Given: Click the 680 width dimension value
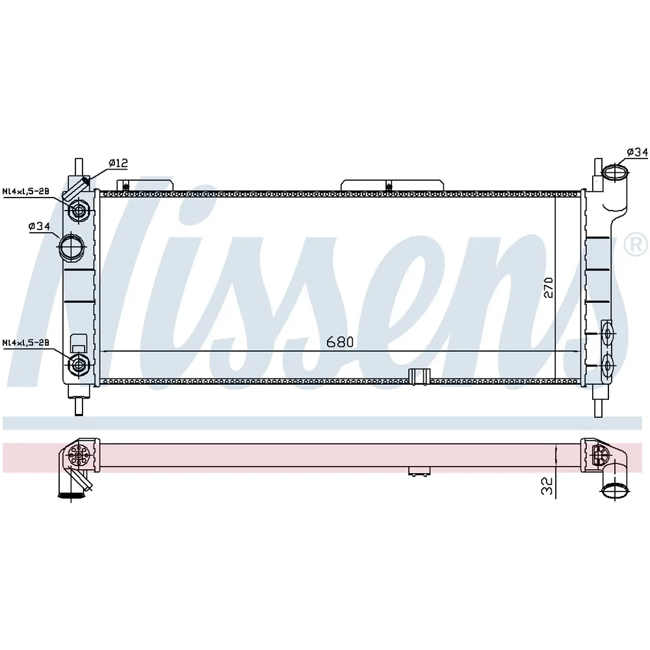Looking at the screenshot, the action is pyautogui.click(x=340, y=342).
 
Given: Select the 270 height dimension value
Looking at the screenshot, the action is pyautogui.click(x=549, y=287).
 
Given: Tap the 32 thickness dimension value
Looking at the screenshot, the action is pyautogui.click(x=547, y=486).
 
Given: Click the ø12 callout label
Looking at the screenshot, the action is pyautogui.click(x=118, y=163).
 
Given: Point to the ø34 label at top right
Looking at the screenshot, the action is pyautogui.click(x=637, y=152).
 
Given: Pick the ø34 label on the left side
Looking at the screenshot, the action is pyautogui.click(x=40, y=226).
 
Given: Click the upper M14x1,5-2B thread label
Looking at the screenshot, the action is pyautogui.click(x=26, y=191).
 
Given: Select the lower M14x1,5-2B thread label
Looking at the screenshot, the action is pyautogui.click(x=26, y=343).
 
